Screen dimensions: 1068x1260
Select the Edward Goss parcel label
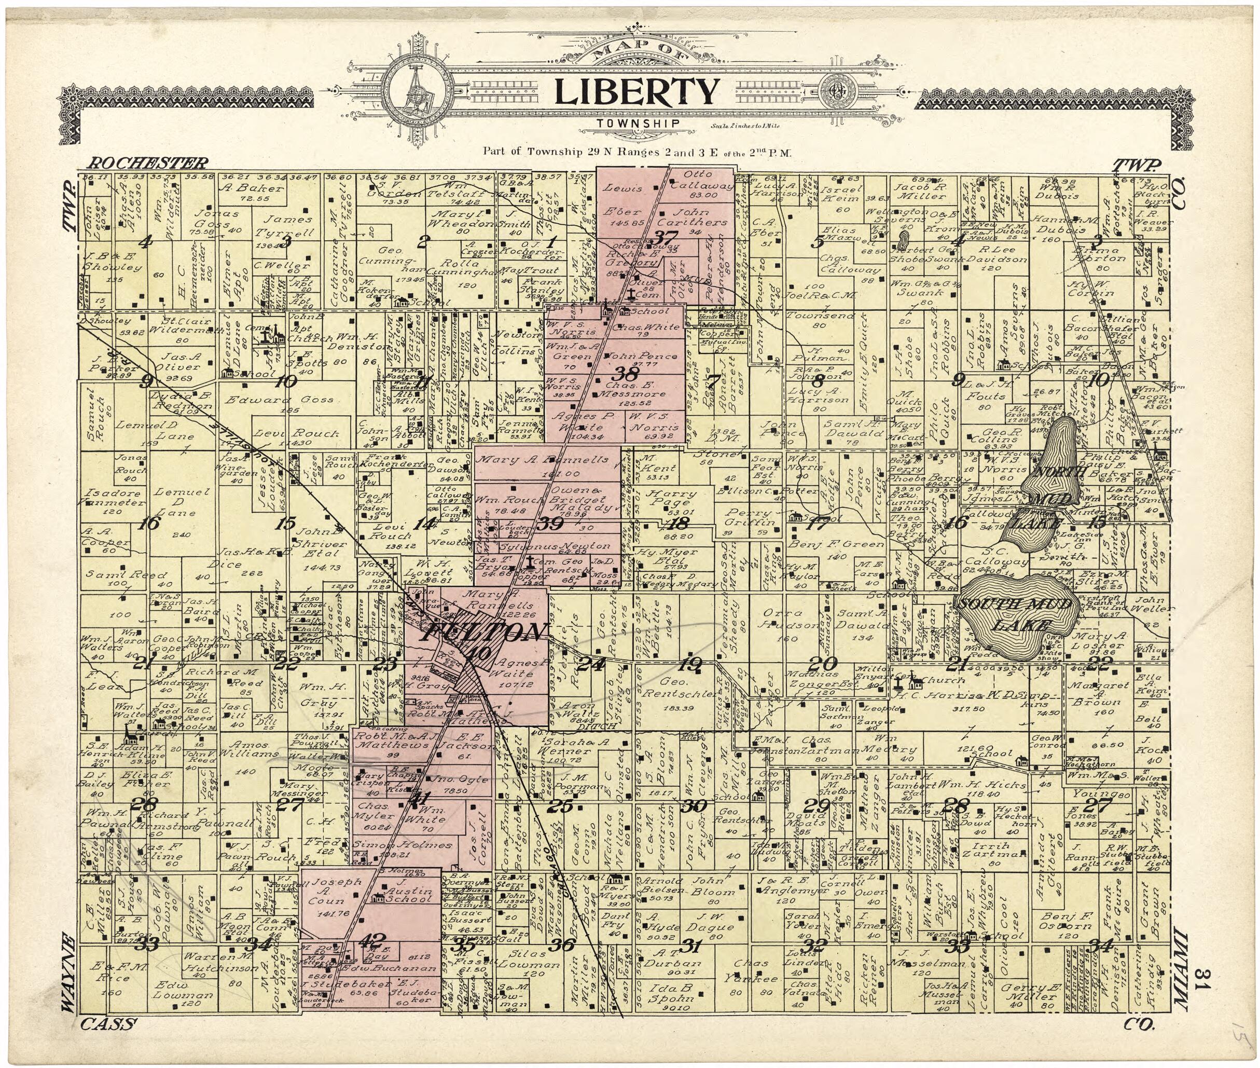(x=279, y=400)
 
